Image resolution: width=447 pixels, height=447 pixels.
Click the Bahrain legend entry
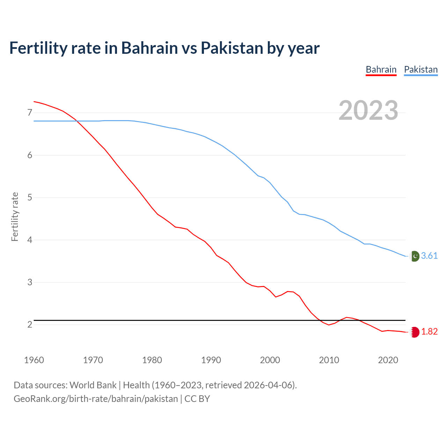pos(381,69)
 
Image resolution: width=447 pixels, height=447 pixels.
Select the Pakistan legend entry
pos(420,69)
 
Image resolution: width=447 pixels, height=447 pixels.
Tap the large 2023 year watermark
pos(368,110)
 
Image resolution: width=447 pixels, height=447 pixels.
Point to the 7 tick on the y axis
pos(30,112)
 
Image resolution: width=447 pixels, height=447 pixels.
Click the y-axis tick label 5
pos(30,198)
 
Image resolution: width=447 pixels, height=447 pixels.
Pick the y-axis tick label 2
pos(30,325)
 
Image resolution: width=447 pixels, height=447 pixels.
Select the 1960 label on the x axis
pos(34,360)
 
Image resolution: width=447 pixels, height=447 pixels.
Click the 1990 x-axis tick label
pos(211,360)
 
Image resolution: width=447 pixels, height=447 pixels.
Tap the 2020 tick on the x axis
pos(388,360)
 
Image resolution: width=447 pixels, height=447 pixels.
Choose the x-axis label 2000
pos(270,360)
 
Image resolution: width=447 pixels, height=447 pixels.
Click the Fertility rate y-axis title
pos(15,217)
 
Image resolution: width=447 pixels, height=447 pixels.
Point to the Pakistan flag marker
pos(415,256)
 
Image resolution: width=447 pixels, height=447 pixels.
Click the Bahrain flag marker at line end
pos(415,332)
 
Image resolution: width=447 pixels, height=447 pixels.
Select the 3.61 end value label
pos(429,256)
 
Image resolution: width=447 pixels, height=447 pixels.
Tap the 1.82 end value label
pos(429,332)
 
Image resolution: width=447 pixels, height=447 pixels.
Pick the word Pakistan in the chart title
pos(232,48)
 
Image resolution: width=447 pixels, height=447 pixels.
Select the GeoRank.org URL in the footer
pos(96,399)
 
